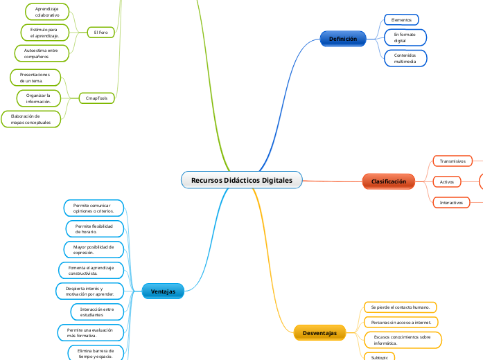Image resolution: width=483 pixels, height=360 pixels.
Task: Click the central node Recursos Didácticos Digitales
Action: (242, 181)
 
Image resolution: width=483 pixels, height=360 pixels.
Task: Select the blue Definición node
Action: (342, 39)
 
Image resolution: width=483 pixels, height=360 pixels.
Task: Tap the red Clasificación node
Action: (388, 181)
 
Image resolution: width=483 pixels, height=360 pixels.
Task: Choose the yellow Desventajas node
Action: (319, 334)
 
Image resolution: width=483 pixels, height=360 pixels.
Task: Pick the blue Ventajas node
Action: (163, 291)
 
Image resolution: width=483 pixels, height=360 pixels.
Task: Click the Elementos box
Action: (401, 20)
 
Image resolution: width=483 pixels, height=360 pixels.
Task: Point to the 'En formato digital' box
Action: (405, 37)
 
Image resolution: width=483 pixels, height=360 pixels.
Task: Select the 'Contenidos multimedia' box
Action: (405, 58)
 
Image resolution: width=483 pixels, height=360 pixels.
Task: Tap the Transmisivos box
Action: (453, 161)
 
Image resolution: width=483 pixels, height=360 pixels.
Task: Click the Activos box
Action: (447, 181)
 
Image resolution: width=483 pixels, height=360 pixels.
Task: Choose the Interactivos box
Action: (453, 203)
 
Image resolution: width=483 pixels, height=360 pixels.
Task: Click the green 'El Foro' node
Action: (100, 32)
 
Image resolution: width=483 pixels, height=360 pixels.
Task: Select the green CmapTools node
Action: (96, 98)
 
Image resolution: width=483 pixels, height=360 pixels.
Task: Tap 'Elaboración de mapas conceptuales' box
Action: (30, 119)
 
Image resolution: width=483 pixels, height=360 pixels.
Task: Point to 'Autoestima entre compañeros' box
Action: (41, 53)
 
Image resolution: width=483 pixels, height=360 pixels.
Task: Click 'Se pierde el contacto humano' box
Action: (401, 307)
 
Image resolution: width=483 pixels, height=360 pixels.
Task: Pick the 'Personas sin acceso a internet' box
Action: (401, 323)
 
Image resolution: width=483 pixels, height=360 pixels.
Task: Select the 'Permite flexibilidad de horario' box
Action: (94, 228)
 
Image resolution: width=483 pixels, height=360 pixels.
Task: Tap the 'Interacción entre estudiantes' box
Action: (97, 312)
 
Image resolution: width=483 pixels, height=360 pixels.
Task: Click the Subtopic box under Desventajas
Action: (380, 357)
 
